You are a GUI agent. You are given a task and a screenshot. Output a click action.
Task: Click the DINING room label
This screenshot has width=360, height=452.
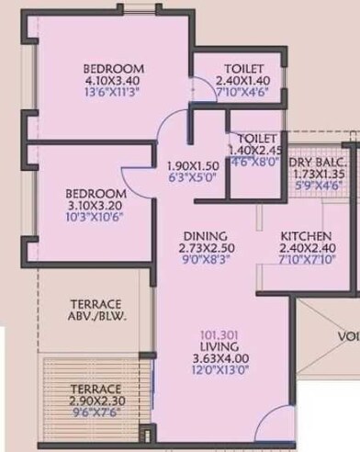204,234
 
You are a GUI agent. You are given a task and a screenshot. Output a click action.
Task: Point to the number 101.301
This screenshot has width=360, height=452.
223,333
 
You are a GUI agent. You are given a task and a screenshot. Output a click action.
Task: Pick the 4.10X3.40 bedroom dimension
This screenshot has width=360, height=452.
114,82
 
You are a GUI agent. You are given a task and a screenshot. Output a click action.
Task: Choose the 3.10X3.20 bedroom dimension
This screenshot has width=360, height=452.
88,207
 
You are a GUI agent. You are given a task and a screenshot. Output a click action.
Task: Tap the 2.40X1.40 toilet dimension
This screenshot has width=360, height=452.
242,82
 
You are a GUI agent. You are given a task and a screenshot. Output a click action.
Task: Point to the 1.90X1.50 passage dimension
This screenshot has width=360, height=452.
193,165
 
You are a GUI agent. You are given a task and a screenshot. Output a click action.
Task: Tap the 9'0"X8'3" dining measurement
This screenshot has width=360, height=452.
204,260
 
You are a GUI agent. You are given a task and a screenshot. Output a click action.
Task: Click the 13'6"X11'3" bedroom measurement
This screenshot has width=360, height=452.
114,95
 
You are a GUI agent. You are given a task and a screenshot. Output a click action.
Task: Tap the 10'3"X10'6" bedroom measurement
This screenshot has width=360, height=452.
88,220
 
